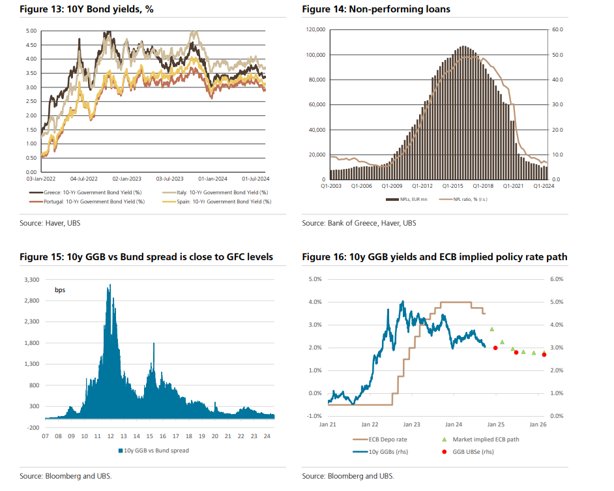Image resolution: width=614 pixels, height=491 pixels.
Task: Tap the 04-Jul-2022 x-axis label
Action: [x=83, y=177]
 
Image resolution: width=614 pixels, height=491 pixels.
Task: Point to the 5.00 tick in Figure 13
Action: [x=31, y=31]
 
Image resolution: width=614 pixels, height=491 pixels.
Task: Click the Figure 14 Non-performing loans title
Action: [x=376, y=8]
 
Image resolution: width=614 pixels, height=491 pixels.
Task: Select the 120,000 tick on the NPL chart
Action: [x=315, y=30]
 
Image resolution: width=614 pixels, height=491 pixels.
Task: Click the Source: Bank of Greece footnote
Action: [x=358, y=223]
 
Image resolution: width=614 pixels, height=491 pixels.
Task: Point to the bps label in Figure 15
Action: [x=59, y=290]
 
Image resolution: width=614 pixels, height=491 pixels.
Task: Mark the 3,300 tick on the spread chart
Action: [x=31, y=280]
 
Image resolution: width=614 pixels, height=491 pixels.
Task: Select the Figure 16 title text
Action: [x=434, y=258]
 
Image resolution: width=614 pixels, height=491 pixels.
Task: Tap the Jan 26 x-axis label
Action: [x=537, y=424]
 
